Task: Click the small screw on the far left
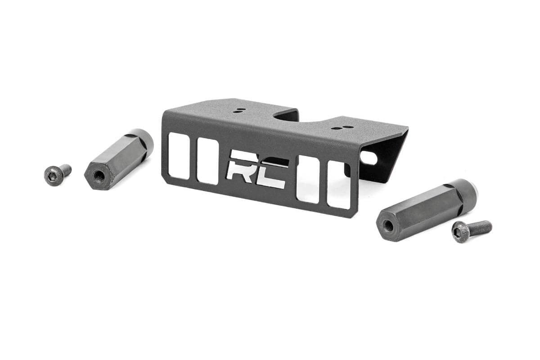click(57, 174)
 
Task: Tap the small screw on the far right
click(471, 231)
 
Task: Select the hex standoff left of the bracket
click(118, 159)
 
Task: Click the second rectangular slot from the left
click(207, 161)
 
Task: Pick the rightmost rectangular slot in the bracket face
click(338, 185)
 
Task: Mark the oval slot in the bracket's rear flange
click(369, 158)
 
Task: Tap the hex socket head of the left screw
click(52, 175)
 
